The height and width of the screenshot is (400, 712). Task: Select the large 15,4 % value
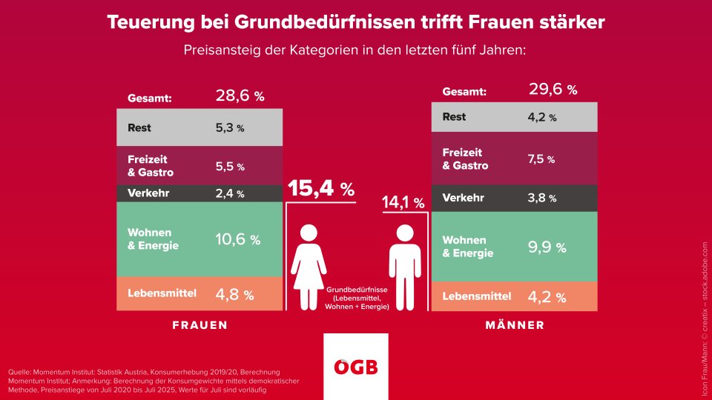tap(321, 188)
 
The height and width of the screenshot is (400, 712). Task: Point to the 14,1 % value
tap(403, 201)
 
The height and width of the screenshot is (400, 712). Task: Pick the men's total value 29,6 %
tap(553, 90)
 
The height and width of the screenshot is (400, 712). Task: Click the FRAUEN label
tap(200, 325)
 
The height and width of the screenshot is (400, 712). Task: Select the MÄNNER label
tap(515, 325)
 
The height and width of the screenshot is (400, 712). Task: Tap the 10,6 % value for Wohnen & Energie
tap(237, 239)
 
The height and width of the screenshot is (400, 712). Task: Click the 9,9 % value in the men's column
tap(547, 247)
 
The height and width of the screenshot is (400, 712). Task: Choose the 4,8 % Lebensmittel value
tap(234, 294)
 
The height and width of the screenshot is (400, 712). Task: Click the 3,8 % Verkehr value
tap(541, 199)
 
